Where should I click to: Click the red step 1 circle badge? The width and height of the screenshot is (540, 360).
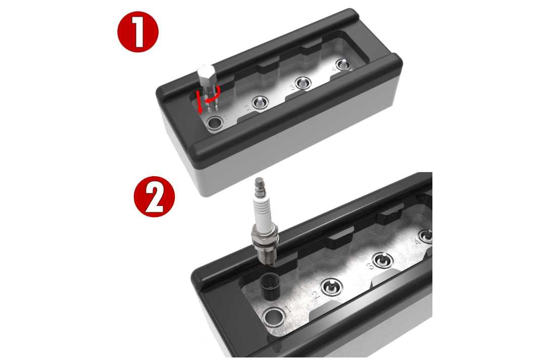pos(138,32)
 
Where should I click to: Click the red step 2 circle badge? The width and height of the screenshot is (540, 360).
pos(154,197)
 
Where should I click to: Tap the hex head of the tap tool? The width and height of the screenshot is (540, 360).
pos(206,76)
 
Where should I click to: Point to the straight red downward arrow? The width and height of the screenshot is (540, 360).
pos(200,102)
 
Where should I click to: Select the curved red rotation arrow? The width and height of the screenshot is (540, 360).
pos(215,95)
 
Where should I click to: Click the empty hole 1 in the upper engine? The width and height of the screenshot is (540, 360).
pos(216,123)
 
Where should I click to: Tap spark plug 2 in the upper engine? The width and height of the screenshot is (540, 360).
pos(259,101)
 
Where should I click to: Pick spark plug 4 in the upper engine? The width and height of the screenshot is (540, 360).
pos(343,64)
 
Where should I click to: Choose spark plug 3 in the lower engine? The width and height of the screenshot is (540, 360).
pos(383,260)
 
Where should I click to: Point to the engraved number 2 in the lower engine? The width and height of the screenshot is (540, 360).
pos(317,294)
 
